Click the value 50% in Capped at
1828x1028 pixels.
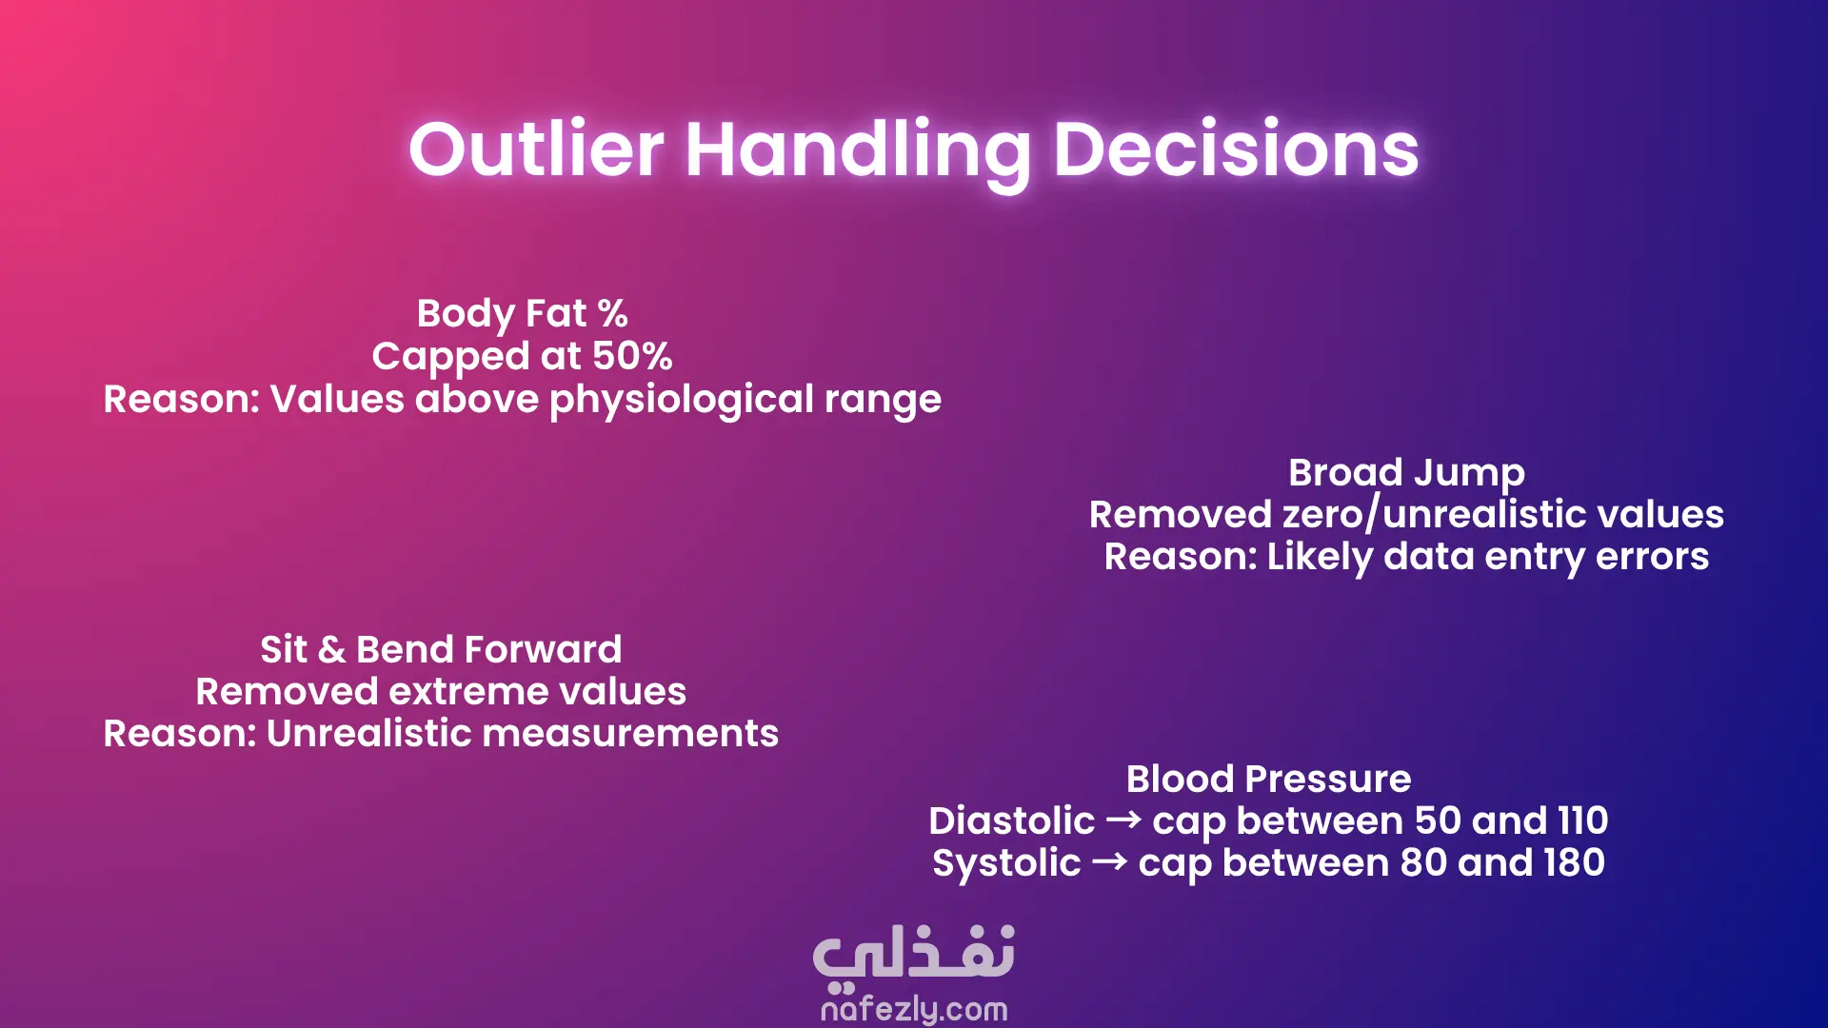(632, 356)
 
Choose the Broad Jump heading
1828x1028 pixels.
(1406, 473)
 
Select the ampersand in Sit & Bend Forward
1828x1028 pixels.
(331, 650)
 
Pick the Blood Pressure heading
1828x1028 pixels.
(1268, 780)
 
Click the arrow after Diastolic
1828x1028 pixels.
(1123, 820)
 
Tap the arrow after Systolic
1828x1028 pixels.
(1109, 861)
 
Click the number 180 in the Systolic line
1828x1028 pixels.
(1575, 863)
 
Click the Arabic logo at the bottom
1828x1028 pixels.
(914, 955)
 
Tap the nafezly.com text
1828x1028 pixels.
(914, 1009)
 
